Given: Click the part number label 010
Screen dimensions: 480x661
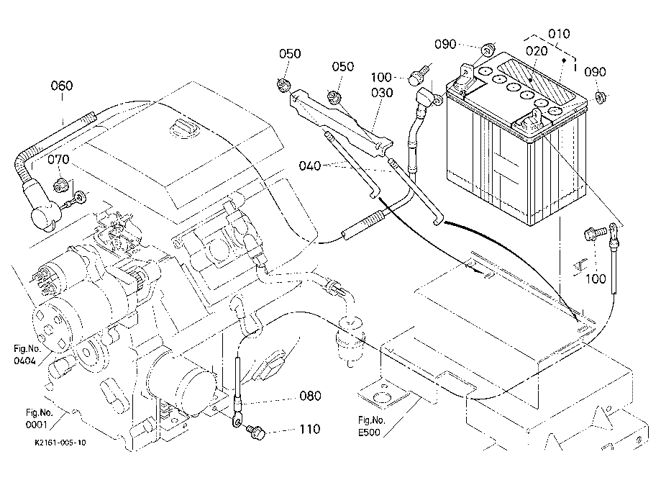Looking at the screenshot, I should (558, 33).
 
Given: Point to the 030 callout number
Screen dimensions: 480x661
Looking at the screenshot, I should (382, 93).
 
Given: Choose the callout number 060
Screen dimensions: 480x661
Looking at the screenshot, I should (62, 86).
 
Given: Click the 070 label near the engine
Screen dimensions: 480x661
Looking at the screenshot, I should (60, 160).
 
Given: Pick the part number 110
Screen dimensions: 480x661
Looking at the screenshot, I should (311, 431).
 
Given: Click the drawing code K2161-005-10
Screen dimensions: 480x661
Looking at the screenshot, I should (60, 443).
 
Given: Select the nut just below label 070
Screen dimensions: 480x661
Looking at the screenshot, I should (62, 184).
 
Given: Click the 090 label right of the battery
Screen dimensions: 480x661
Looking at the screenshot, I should (596, 72).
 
